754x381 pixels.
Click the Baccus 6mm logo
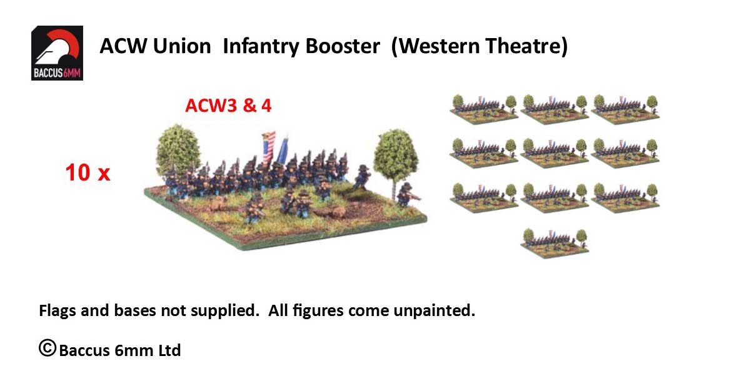coord(58,53)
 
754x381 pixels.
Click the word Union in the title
coord(182,46)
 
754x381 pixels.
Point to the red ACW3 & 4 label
coord(228,106)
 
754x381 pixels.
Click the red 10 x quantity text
coord(88,172)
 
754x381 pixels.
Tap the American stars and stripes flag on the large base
coord(269,147)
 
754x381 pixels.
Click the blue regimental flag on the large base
coord(282,151)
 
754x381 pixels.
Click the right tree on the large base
coord(396,158)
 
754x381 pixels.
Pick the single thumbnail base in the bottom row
coord(555,243)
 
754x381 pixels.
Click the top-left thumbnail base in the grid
coord(484,109)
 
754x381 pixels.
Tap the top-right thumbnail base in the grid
coord(625,109)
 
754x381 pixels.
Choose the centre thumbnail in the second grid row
coord(555,152)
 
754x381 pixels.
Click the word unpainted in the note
coord(434,310)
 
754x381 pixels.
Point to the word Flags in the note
coord(58,310)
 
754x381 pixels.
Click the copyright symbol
coord(48,348)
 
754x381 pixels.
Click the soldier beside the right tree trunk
coord(406,195)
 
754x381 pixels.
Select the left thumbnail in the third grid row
coord(484,197)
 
